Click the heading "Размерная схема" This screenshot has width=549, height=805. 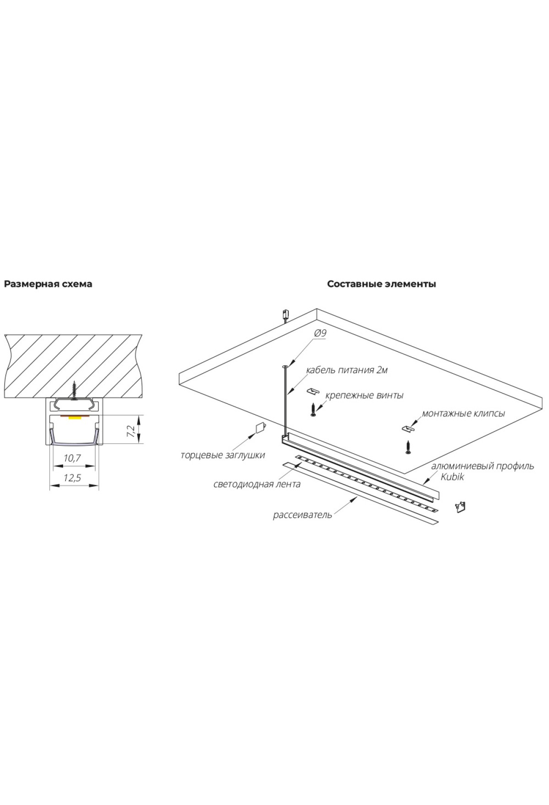(x=48, y=284)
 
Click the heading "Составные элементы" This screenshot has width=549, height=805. (x=382, y=284)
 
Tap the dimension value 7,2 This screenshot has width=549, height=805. (x=131, y=430)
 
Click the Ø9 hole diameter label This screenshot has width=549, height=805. (x=320, y=333)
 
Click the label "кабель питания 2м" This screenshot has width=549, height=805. (x=347, y=370)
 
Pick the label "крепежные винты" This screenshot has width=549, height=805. (x=364, y=395)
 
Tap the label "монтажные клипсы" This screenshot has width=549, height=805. (x=463, y=413)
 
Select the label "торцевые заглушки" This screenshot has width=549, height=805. (x=223, y=455)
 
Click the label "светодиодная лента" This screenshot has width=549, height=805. (x=257, y=484)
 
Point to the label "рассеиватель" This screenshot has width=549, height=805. (x=302, y=515)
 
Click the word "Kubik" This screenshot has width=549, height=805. (x=452, y=477)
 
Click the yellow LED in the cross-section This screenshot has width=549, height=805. (x=75, y=417)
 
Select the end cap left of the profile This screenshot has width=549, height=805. (x=260, y=427)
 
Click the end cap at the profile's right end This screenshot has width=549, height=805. (x=462, y=506)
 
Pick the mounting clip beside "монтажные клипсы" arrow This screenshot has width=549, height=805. (x=407, y=429)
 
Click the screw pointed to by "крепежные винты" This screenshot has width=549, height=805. (x=313, y=409)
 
